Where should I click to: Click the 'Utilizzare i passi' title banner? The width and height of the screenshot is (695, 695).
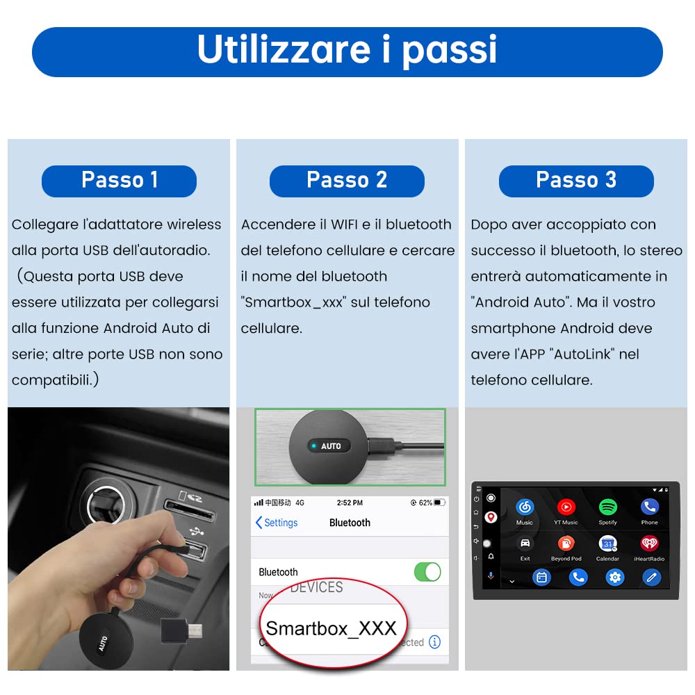pyautogui.click(x=347, y=51)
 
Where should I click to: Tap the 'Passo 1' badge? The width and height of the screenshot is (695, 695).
pyautogui.click(x=119, y=181)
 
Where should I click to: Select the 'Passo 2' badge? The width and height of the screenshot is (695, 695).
pyautogui.click(x=347, y=181)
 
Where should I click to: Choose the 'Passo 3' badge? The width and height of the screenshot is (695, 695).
pyautogui.click(x=576, y=181)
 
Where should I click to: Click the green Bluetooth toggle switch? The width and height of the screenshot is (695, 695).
pyautogui.click(x=427, y=572)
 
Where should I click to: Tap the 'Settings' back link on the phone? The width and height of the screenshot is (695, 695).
pyautogui.click(x=277, y=523)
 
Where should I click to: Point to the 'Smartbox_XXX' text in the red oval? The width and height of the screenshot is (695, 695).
pyautogui.click(x=331, y=628)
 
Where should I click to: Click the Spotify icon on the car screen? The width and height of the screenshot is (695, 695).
pyautogui.click(x=608, y=507)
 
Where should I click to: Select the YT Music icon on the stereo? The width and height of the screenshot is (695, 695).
pyautogui.click(x=566, y=507)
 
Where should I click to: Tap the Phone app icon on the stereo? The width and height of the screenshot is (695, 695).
pyautogui.click(x=650, y=507)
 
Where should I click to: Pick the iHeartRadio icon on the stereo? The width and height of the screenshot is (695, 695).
pyautogui.click(x=650, y=543)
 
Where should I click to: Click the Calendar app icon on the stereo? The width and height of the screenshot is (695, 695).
pyautogui.click(x=608, y=543)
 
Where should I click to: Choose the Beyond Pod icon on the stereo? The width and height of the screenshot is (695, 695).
pyautogui.click(x=566, y=543)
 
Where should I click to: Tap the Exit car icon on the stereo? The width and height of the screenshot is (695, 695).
pyautogui.click(x=525, y=543)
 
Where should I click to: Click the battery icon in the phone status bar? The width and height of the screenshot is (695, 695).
pyautogui.click(x=439, y=502)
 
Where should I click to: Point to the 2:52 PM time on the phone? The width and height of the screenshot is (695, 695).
pyautogui.click(x=349, y=502)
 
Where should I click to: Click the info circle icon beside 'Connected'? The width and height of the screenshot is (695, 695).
pyautogui.click(x=435, y=642)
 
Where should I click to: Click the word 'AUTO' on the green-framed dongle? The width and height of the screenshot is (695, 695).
pyautogui.click(x=331, y=446)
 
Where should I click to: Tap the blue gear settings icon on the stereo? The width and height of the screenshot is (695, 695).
pyautogui.click(x=614, y=577)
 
